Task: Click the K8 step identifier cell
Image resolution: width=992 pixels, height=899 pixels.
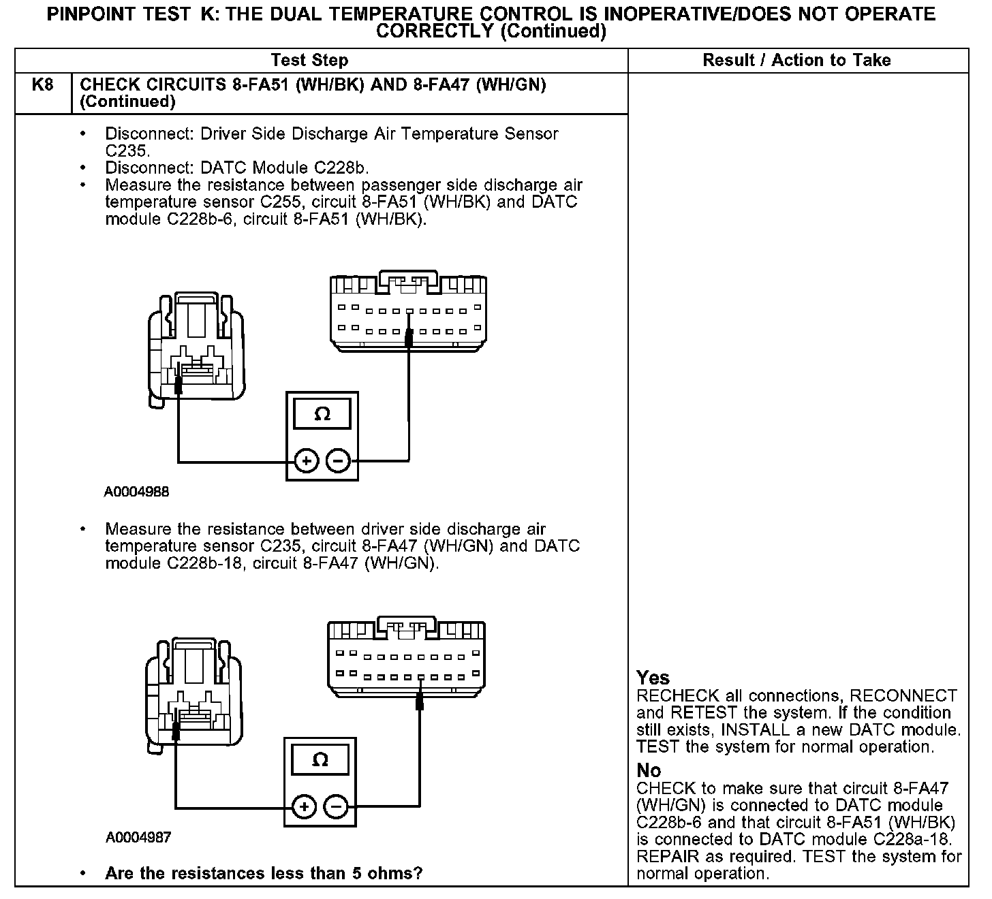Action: (x=42, y=86)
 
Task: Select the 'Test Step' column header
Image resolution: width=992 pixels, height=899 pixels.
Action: (x=309, y=61)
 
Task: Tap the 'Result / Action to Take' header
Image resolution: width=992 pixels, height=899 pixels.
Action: (x=796, y=61)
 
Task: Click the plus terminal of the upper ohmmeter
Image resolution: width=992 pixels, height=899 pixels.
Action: (x=307, y=461)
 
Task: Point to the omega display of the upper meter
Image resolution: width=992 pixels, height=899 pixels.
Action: (x=322, y=414)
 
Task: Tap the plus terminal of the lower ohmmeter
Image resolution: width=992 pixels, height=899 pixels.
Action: (x=304, y=807)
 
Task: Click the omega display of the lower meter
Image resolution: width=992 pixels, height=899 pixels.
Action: (x=320, y=759)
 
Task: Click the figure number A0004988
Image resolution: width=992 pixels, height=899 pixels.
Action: (x=136, y=492)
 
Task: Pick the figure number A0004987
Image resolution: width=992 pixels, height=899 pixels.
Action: (x=138, y=837)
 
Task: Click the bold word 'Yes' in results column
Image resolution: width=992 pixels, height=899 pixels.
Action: (x=653, y=678)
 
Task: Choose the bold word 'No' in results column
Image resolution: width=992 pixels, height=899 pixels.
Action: (x=649, y=770)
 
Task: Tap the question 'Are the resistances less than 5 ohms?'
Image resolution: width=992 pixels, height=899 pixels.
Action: (x=264, y=873)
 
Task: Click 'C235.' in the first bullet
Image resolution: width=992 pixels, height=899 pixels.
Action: (x=127, y=151)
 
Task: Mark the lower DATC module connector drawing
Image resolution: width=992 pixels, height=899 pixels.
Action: (x=407, y=657)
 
